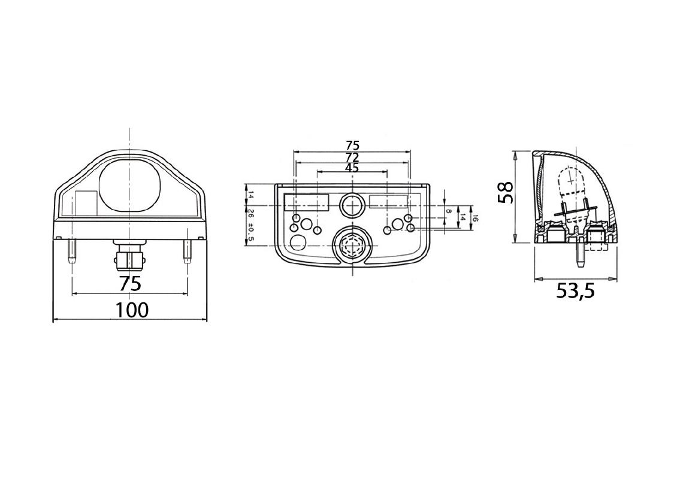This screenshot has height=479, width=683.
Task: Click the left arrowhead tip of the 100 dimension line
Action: (53, 320)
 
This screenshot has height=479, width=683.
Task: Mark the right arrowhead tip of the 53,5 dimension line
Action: (616, 278)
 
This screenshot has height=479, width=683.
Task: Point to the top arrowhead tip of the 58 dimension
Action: (515, 151)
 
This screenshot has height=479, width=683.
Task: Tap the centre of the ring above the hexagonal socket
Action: (352, 205)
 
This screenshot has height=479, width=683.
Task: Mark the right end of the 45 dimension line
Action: (387, 172)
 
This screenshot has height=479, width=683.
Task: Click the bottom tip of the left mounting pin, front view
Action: (71, 263)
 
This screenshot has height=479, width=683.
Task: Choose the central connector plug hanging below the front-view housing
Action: (129, 256)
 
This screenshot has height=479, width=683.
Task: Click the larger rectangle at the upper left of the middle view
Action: (306, 202)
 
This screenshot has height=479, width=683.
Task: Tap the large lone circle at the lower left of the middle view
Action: (298, 242)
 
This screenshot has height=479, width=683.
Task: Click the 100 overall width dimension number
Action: (132, 310)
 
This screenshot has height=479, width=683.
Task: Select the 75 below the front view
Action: (130, 284)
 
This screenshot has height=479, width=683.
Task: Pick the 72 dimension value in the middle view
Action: (352, 157)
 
